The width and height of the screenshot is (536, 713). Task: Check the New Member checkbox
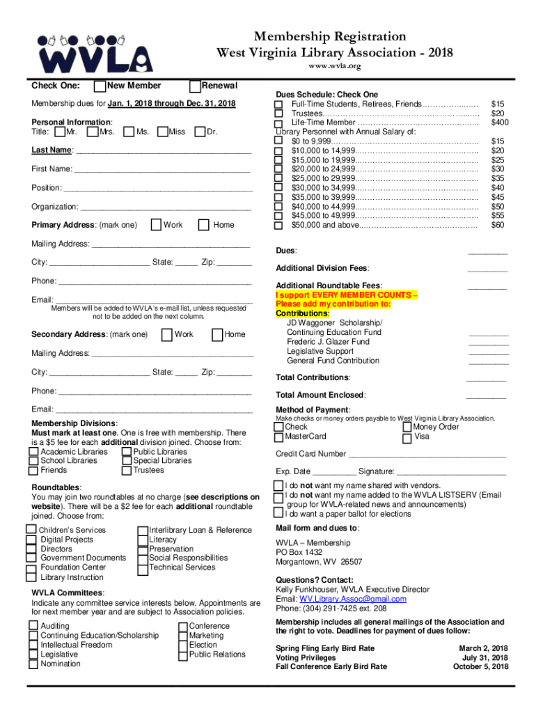101,86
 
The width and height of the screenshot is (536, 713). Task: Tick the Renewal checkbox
196,86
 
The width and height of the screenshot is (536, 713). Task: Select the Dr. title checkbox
200,132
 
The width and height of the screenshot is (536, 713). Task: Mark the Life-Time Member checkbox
278,123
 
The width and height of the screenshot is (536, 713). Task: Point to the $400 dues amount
498,123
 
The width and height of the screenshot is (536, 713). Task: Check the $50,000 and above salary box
278,225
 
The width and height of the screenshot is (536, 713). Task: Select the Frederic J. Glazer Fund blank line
488,342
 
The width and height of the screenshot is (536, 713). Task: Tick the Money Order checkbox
407,428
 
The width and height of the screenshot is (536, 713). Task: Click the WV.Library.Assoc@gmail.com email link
353,599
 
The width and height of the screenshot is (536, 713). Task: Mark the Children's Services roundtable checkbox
32,530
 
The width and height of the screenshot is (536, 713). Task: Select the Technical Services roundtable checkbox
144,567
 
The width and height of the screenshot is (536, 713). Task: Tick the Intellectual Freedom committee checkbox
33,645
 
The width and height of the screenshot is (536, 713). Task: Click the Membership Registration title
329,36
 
